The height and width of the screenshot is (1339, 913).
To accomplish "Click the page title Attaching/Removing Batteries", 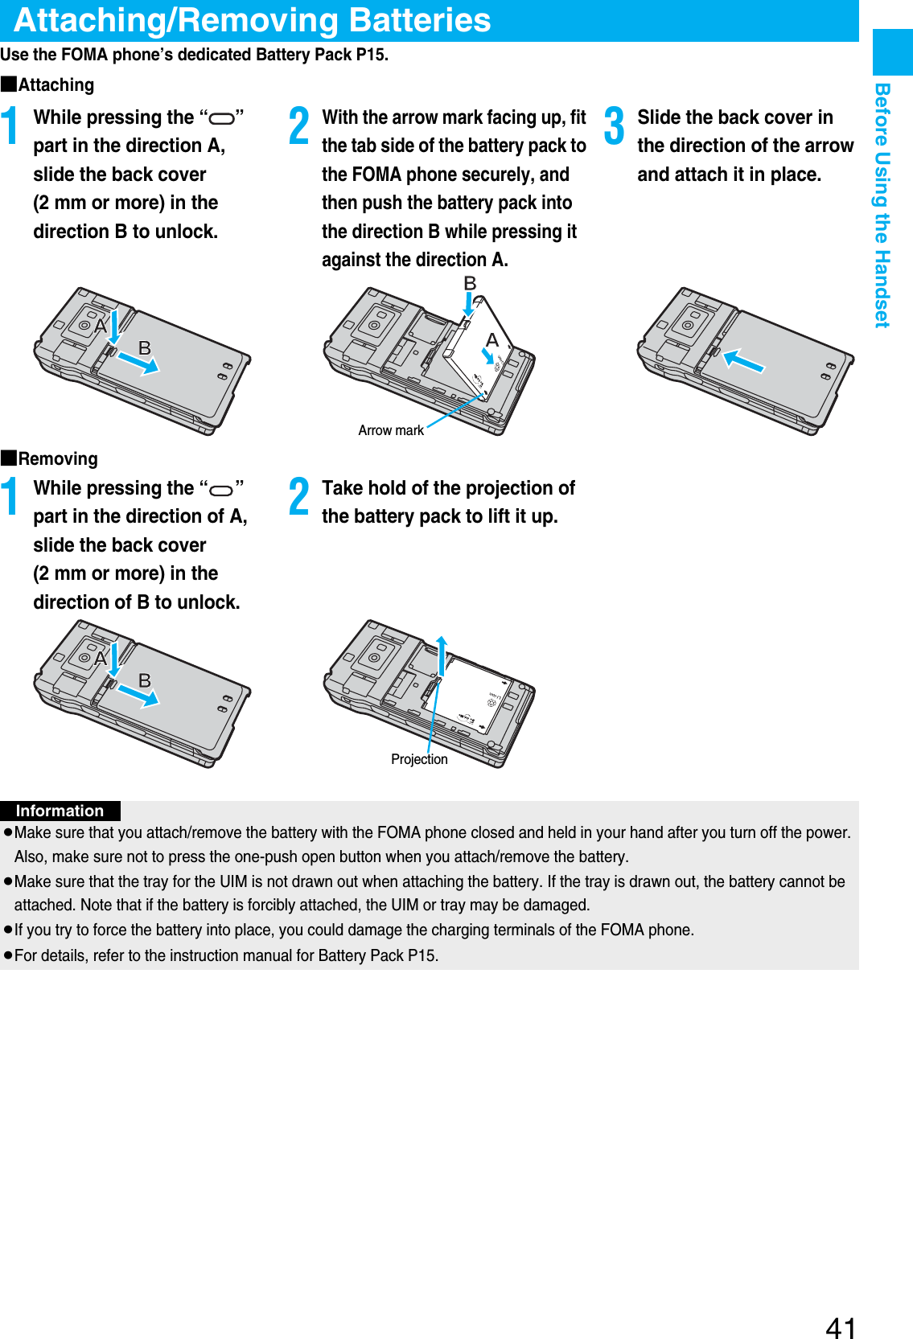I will coord(252,20).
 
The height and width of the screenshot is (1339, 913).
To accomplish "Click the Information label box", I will coord(60,811).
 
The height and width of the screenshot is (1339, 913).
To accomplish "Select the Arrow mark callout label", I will coord(390,430).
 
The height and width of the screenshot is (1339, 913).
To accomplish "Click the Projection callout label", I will coord(419,759).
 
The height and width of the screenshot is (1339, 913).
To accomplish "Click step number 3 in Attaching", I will coord(614,126).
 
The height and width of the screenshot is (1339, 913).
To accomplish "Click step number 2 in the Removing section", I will coord(298,496).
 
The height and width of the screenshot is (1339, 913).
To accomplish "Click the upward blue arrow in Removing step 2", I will coord(441,655).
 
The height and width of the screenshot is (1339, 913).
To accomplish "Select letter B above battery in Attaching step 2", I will coord(470,283).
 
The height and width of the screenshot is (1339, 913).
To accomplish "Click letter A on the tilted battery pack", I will coord(491,339).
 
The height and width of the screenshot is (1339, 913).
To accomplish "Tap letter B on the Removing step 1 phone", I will coord(145,680).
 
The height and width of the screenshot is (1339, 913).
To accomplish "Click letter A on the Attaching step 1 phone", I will coord(101,326).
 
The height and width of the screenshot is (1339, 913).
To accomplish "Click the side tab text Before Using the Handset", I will coord(882,205).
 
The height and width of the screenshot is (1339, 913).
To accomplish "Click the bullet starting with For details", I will coord(226,955).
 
